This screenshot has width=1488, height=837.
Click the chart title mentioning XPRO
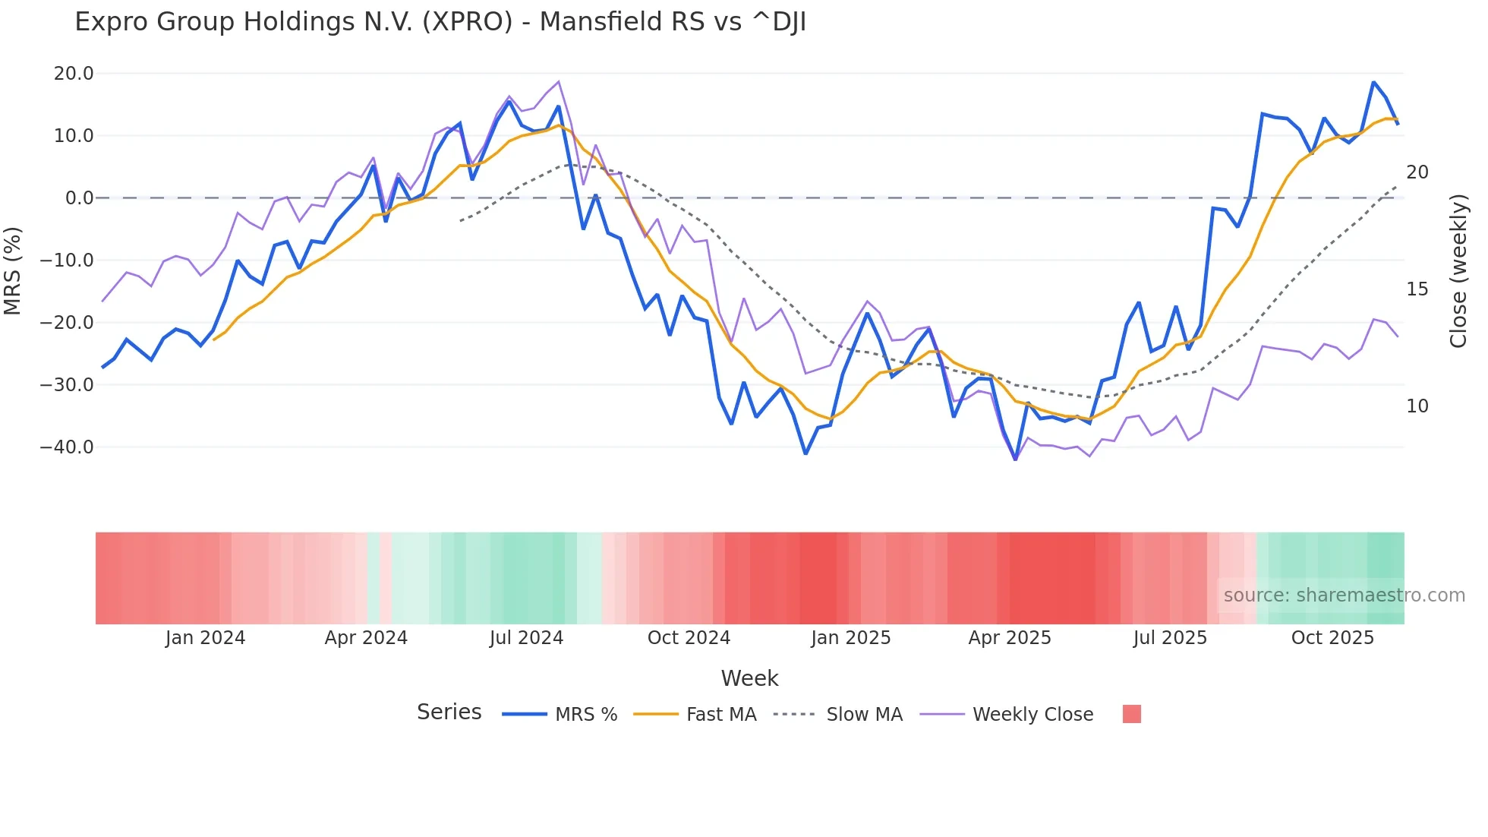(x=440, y=22)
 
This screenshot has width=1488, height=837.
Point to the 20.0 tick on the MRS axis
(x=74, y=74)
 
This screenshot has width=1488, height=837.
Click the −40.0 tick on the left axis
(x=68, y=447)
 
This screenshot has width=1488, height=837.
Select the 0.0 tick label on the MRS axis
(x=79, y=198)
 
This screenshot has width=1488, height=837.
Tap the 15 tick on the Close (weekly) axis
(x=1417, y=289)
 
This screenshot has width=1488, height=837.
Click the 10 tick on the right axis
(x=1417, y=406)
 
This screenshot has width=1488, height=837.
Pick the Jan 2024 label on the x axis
(x=205, y=638)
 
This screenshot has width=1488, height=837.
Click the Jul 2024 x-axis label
(x=526, y=638)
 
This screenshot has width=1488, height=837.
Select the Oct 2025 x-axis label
(x=1332, y=638)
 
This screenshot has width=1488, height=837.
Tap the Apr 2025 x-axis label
(x=1010, y=638)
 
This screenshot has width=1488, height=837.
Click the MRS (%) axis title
(x=13, y=270)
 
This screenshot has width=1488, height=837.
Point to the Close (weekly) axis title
(x=1458, y=271)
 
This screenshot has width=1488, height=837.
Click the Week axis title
(x=749, y=678)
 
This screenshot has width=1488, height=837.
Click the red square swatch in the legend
(x=1131, y=714)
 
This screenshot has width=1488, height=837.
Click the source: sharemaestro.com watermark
(x=1344, y=595)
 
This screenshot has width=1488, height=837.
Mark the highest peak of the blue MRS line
(x=1373, y=82)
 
